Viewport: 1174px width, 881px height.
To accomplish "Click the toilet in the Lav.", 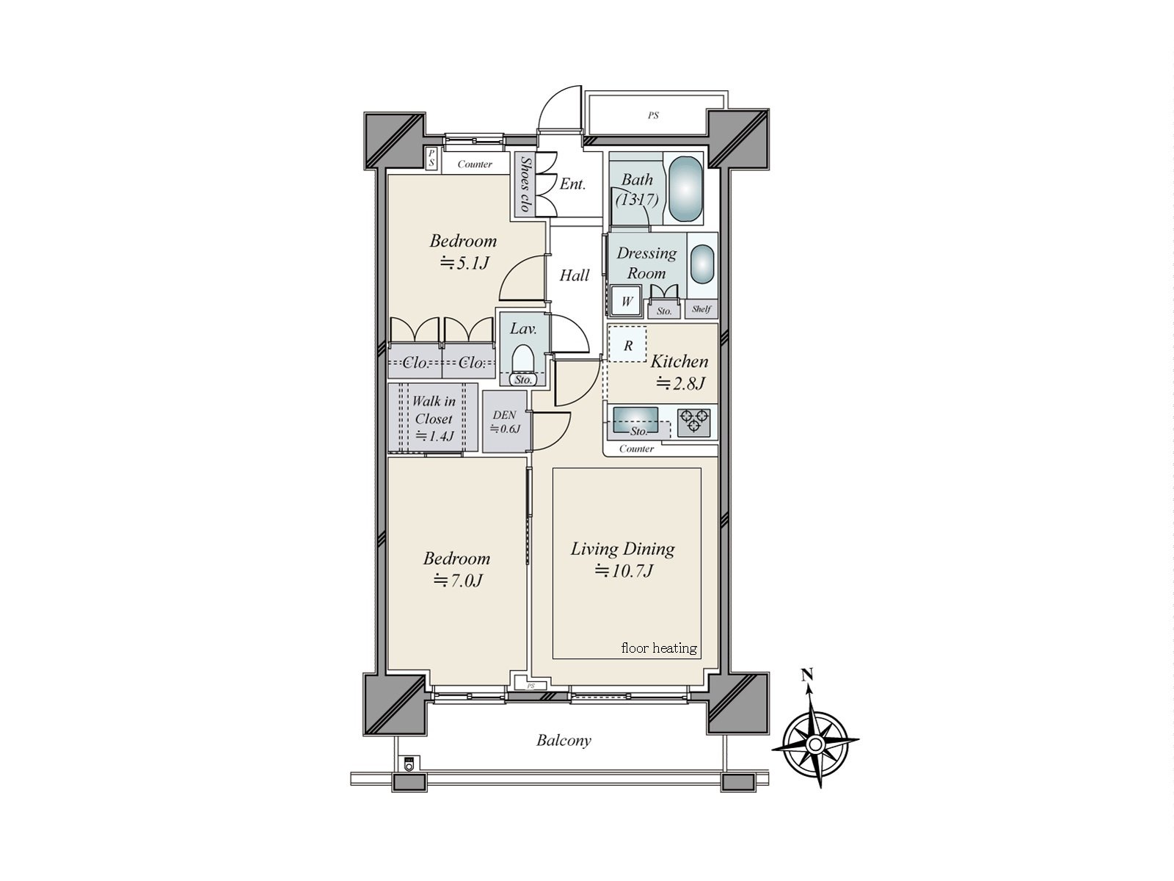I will [522, 361].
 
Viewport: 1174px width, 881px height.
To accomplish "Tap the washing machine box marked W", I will [627, 301].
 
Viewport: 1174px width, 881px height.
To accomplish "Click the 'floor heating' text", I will [658, 648].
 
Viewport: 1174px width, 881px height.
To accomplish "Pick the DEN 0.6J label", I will [504, 421].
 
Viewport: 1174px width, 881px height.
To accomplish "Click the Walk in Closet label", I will [433, 418].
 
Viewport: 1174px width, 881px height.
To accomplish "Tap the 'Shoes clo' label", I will [525, 184].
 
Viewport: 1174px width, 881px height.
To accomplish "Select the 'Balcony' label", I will [563, 740].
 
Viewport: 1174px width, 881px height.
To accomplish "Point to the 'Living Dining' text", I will [622, 548].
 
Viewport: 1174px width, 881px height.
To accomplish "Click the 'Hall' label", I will [574, 275].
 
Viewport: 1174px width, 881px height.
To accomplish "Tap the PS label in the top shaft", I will [652, 115].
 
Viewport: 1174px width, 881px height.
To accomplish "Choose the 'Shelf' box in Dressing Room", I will [701, 309].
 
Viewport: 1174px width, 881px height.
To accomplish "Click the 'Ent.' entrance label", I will [572, 184].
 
